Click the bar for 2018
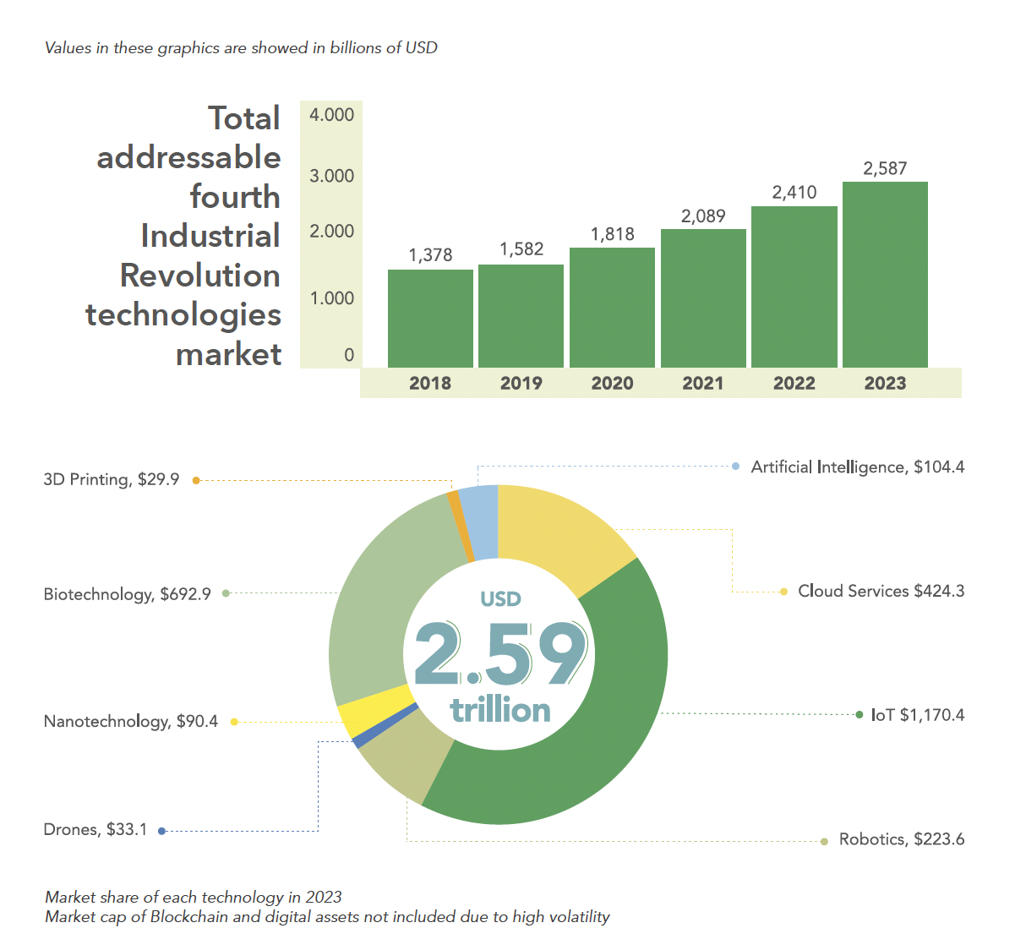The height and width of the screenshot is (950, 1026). click(x=430, y=319)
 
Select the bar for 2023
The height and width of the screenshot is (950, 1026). click(x=885, y=275)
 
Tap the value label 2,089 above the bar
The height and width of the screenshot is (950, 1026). click(x=703, y=216)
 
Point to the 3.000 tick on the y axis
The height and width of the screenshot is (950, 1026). click(x=331, y=176)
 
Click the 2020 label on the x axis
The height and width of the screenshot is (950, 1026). click(x=612, y=383)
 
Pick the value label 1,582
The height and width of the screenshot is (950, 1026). click(x=521, y=249)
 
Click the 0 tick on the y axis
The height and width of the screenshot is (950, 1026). click(x=349, y=355)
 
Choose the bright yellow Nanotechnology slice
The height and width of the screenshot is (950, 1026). click(x=372, y=708)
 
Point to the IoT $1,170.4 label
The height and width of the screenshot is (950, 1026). click(x=918, y=715)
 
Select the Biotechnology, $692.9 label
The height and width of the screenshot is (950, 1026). click(x=127, y=594)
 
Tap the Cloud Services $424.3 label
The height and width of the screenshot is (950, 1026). click(x=881, y=591)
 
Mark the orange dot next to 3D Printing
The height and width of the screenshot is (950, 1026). click(x=196, y=481)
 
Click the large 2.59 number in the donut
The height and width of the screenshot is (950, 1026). click(x=500, y=654)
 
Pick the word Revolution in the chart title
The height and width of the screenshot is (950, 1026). click(x=200, y=275)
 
